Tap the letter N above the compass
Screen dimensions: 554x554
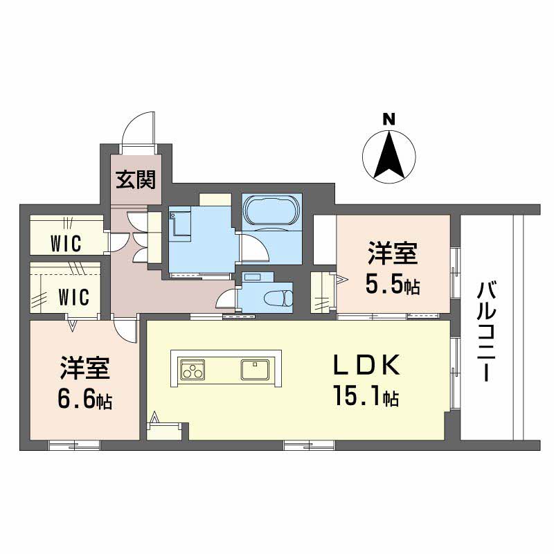(389, 119)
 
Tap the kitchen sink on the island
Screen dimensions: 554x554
(255, 368)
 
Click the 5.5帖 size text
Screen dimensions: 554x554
(392, 285)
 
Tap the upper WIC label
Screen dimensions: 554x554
(66, 244)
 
